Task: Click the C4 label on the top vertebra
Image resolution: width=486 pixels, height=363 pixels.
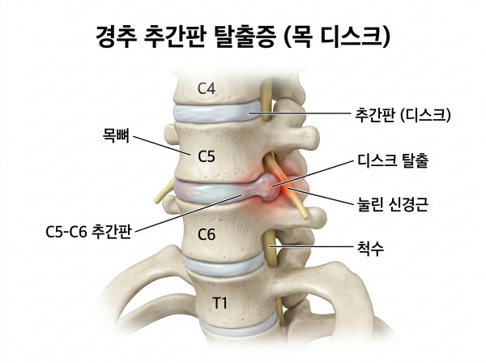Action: [x=207, y=89]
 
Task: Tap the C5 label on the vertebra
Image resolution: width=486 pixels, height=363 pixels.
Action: [x=207, y=157]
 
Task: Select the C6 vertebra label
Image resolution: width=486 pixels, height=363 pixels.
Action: [x=207, y=235]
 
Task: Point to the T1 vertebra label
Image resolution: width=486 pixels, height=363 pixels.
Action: [x=220, y=303]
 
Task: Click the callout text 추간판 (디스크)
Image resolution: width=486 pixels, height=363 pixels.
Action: [x=403, y=115]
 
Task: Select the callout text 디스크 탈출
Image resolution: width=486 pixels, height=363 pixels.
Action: [x=393, y=161]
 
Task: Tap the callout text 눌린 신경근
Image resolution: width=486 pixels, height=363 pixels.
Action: [x=393, y=205]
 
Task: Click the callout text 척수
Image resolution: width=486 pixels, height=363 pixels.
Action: [x=370, y=248]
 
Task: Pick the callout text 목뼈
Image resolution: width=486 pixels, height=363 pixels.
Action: [x=116, y=135]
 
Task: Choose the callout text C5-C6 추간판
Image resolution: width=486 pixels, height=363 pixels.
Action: [x=89, y=232]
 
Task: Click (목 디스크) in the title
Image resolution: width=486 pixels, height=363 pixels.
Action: [x=336, y=37]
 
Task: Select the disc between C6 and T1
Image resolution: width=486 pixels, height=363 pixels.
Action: [x=224, y=264]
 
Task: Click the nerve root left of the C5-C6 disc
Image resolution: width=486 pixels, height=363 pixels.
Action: [x=164, y=191]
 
